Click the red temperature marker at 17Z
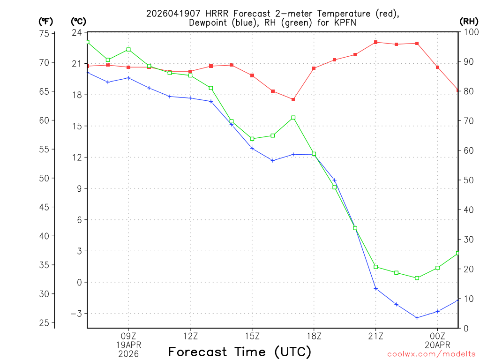tap(293, 99)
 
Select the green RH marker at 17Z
tap(293, 118)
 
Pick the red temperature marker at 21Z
tap(375, 42)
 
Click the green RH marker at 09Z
tap(128, 50)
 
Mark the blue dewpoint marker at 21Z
tap(375, 288)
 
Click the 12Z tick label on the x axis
tap(190, 336)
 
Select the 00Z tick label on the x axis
tap(437, 336)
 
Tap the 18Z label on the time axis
tap(314, 336)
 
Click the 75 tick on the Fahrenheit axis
tap(44, 34)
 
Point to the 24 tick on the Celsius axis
tap(76, 32)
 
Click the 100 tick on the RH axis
tap(468, 32)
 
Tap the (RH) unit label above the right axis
tap(469, 21)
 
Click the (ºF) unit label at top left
tap(45, 21)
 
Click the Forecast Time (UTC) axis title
tap(240, 352)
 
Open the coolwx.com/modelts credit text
tap(431, 354)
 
